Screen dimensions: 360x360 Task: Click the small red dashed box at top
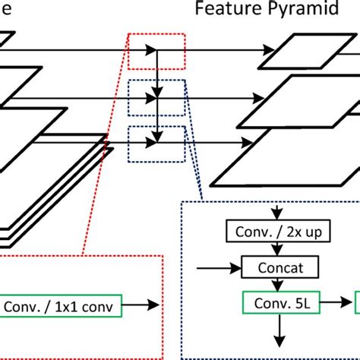pos(156,50)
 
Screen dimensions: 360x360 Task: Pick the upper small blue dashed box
pos(156,96)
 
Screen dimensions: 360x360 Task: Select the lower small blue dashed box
pos(156,141)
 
